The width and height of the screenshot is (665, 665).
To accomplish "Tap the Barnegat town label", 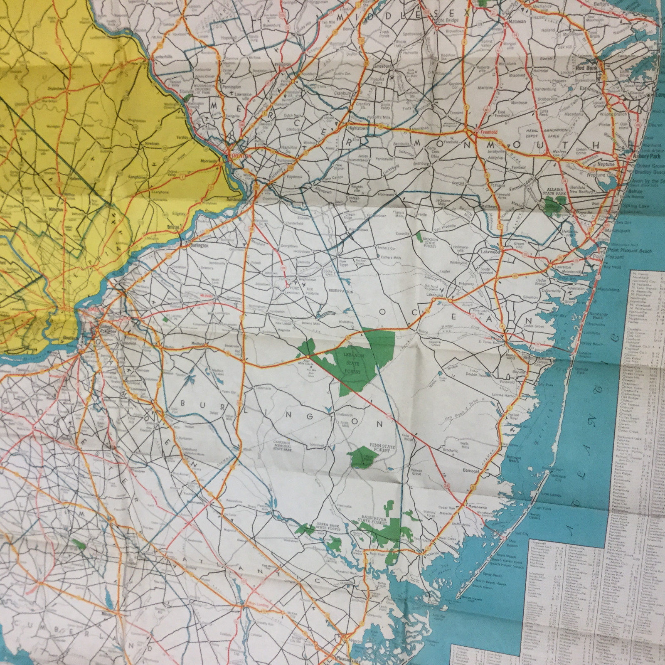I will point(471,471).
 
